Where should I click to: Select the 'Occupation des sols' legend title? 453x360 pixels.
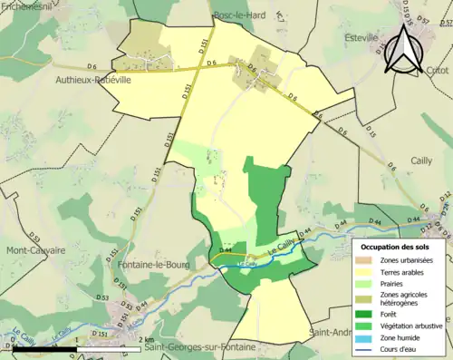coord(400,247)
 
